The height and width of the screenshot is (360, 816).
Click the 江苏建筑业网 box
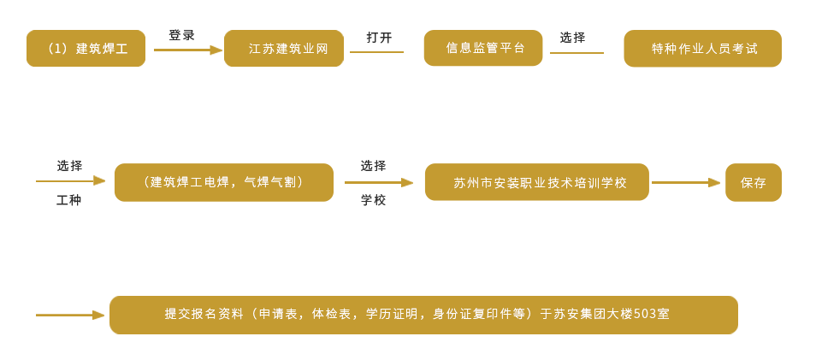click(x=287, y=49)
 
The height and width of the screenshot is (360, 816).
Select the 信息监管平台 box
click(x=484, y=49)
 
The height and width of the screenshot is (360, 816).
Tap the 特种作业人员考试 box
click(x=703, y=49)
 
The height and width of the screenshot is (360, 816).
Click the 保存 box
click(x=753, y=182)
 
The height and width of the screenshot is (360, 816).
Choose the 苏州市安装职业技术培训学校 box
click(x=539, y=182)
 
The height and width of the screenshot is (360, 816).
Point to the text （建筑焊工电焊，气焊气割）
click(x=225, y=182)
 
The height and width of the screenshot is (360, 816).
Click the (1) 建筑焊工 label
click(x=86, y=49)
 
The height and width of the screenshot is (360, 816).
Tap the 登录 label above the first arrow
click(x=181, y=35)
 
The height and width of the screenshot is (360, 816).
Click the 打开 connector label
click(x=379, y=38)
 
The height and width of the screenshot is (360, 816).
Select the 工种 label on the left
click(x=69, y=201)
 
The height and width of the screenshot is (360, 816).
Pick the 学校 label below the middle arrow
click(x=372, y=201)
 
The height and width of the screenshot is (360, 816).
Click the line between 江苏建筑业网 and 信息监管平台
click(x=376, y=52)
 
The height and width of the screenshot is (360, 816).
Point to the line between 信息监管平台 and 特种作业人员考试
click(x=576, y=52)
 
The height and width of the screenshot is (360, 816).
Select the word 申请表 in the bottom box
click(x=278, y=315)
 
